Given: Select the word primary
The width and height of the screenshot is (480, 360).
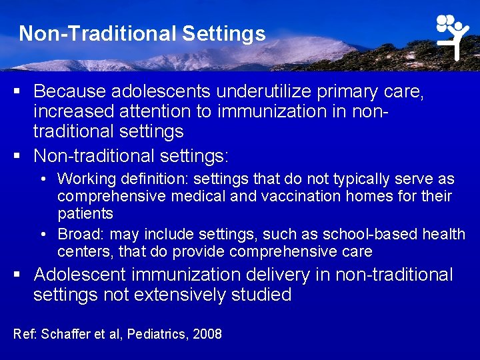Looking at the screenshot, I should (346, 91).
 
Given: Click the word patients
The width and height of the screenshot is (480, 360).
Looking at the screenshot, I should (85, 214).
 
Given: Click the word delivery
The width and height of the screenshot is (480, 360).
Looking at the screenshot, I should (299, 275).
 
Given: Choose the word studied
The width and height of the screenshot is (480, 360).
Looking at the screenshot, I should (261, 295).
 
